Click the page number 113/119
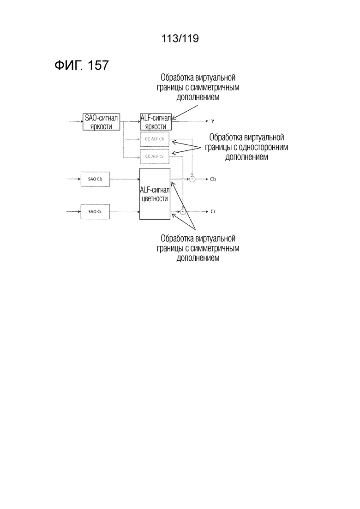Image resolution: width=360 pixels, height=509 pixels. (180, 39)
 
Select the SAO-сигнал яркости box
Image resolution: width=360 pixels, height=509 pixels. (101, 122)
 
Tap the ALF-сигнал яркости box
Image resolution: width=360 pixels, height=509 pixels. (156, 122)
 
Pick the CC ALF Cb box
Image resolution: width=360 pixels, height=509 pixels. (155, 139)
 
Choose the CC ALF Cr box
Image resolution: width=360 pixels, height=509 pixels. (155, 156)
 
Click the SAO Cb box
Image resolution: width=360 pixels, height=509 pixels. (95, 179)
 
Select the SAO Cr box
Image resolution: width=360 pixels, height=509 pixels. (95, 211)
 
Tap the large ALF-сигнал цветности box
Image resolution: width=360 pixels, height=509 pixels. (155, 194)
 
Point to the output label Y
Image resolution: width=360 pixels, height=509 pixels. (213, 121)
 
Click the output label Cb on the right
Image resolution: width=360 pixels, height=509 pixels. (213, 179)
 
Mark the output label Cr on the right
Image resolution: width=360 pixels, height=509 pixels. (213, 212)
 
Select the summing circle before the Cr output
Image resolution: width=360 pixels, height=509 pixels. (183, 212)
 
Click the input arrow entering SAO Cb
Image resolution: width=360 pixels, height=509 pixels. (73, 179)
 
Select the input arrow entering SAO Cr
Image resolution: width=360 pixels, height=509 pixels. (73, 211)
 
